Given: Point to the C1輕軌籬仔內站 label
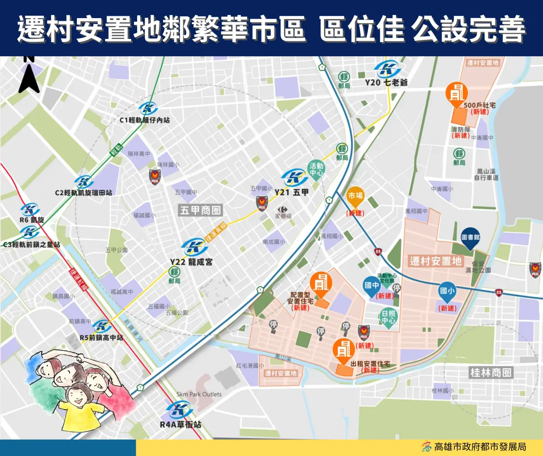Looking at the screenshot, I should (x=145, y=120).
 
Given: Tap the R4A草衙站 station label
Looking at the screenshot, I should (x=181, y=425).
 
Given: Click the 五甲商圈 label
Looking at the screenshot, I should (x=200, y=210).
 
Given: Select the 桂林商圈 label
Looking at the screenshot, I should (x=491, y=373).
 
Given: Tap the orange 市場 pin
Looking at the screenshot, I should (x=355, y=197).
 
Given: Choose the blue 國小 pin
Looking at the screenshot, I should (x=448, y=292).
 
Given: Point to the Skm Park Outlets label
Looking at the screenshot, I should (x=199, y=394).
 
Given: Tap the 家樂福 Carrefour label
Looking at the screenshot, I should (x=283, y=216).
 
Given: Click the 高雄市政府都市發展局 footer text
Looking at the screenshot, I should (x=480, y=446).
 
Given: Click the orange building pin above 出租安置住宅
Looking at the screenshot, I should (x=343, y=349).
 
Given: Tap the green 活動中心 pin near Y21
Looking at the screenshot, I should (x=316, y=170).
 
